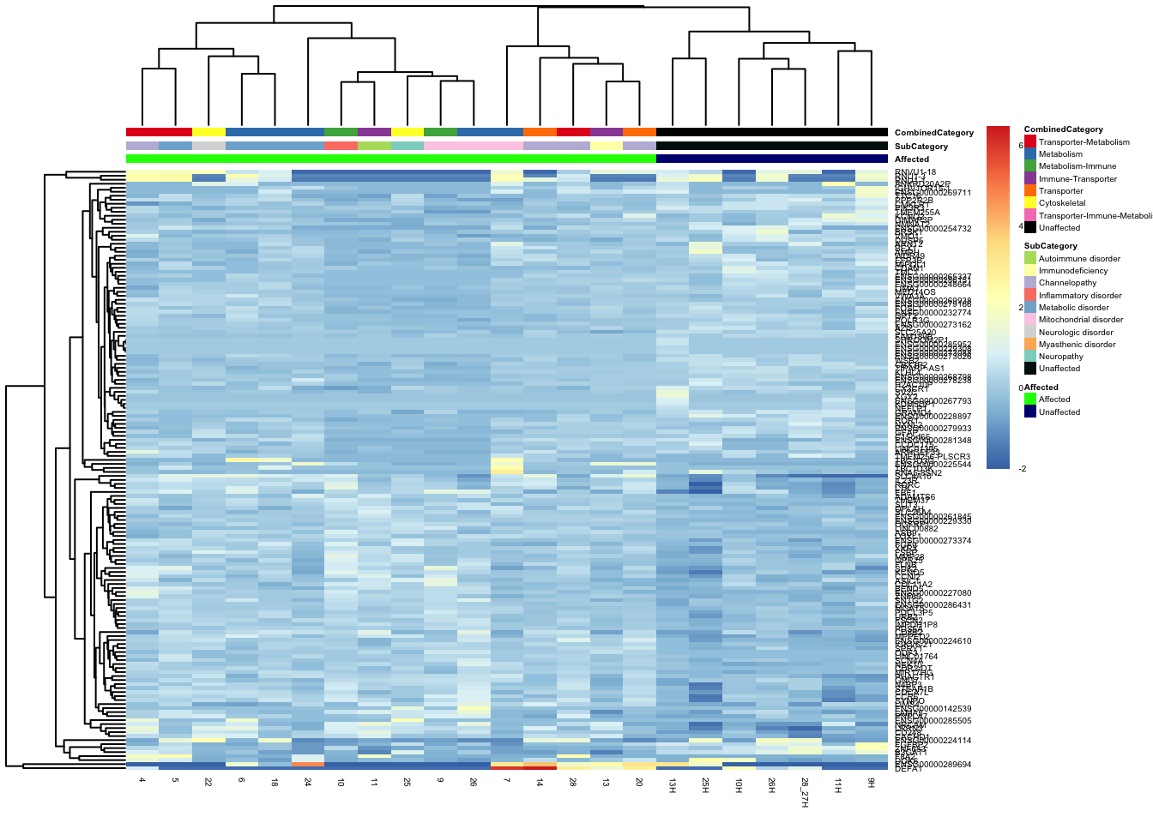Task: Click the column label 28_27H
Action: (x=805, y=793)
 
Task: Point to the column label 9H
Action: (x=871, y=784)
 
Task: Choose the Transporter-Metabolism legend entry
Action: (x=1084, y=141)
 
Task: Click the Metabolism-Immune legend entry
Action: (x=1077, y=166)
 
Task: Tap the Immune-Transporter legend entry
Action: (x=1078, y=178)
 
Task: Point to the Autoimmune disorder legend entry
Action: (x=1078, y=258)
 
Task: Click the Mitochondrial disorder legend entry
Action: (x=1080, y=320)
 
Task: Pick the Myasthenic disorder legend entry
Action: (x=1077, y=344)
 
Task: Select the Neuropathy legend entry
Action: (x=1060, y=357)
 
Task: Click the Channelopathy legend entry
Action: (x=1067, y=283)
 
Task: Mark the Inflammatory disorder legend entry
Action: (x=1079, y=295)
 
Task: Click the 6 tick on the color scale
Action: (x=1021, y=146)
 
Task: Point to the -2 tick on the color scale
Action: (x=1023, y=469)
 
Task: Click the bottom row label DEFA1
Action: (x=909, y=769)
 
